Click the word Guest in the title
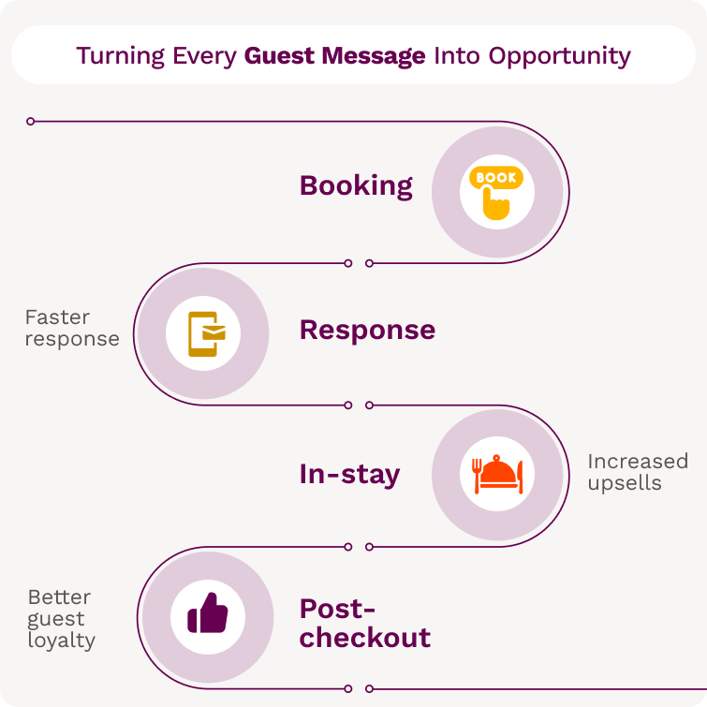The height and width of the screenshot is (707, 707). (x=279, y=55)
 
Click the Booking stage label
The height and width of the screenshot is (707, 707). (x=356, y=185)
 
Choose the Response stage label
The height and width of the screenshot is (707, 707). (x=367, y=330)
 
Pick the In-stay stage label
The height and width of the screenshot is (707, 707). (x=349, y=474)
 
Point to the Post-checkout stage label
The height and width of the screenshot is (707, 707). (x=364, y=624)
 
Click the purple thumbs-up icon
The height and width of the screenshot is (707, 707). (x=207, y=614)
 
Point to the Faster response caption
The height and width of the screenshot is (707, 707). (x=72, y=328)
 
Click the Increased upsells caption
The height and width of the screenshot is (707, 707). (x=637, y=472)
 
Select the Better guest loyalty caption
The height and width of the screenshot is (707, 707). (x=61, y=618)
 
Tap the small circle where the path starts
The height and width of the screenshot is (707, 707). (x=31, y=121)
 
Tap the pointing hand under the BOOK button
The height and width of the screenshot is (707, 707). (x=495, y=205)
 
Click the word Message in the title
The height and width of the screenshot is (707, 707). (x=374, y=55)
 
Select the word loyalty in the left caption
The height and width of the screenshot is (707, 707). (x=61, y=641)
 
